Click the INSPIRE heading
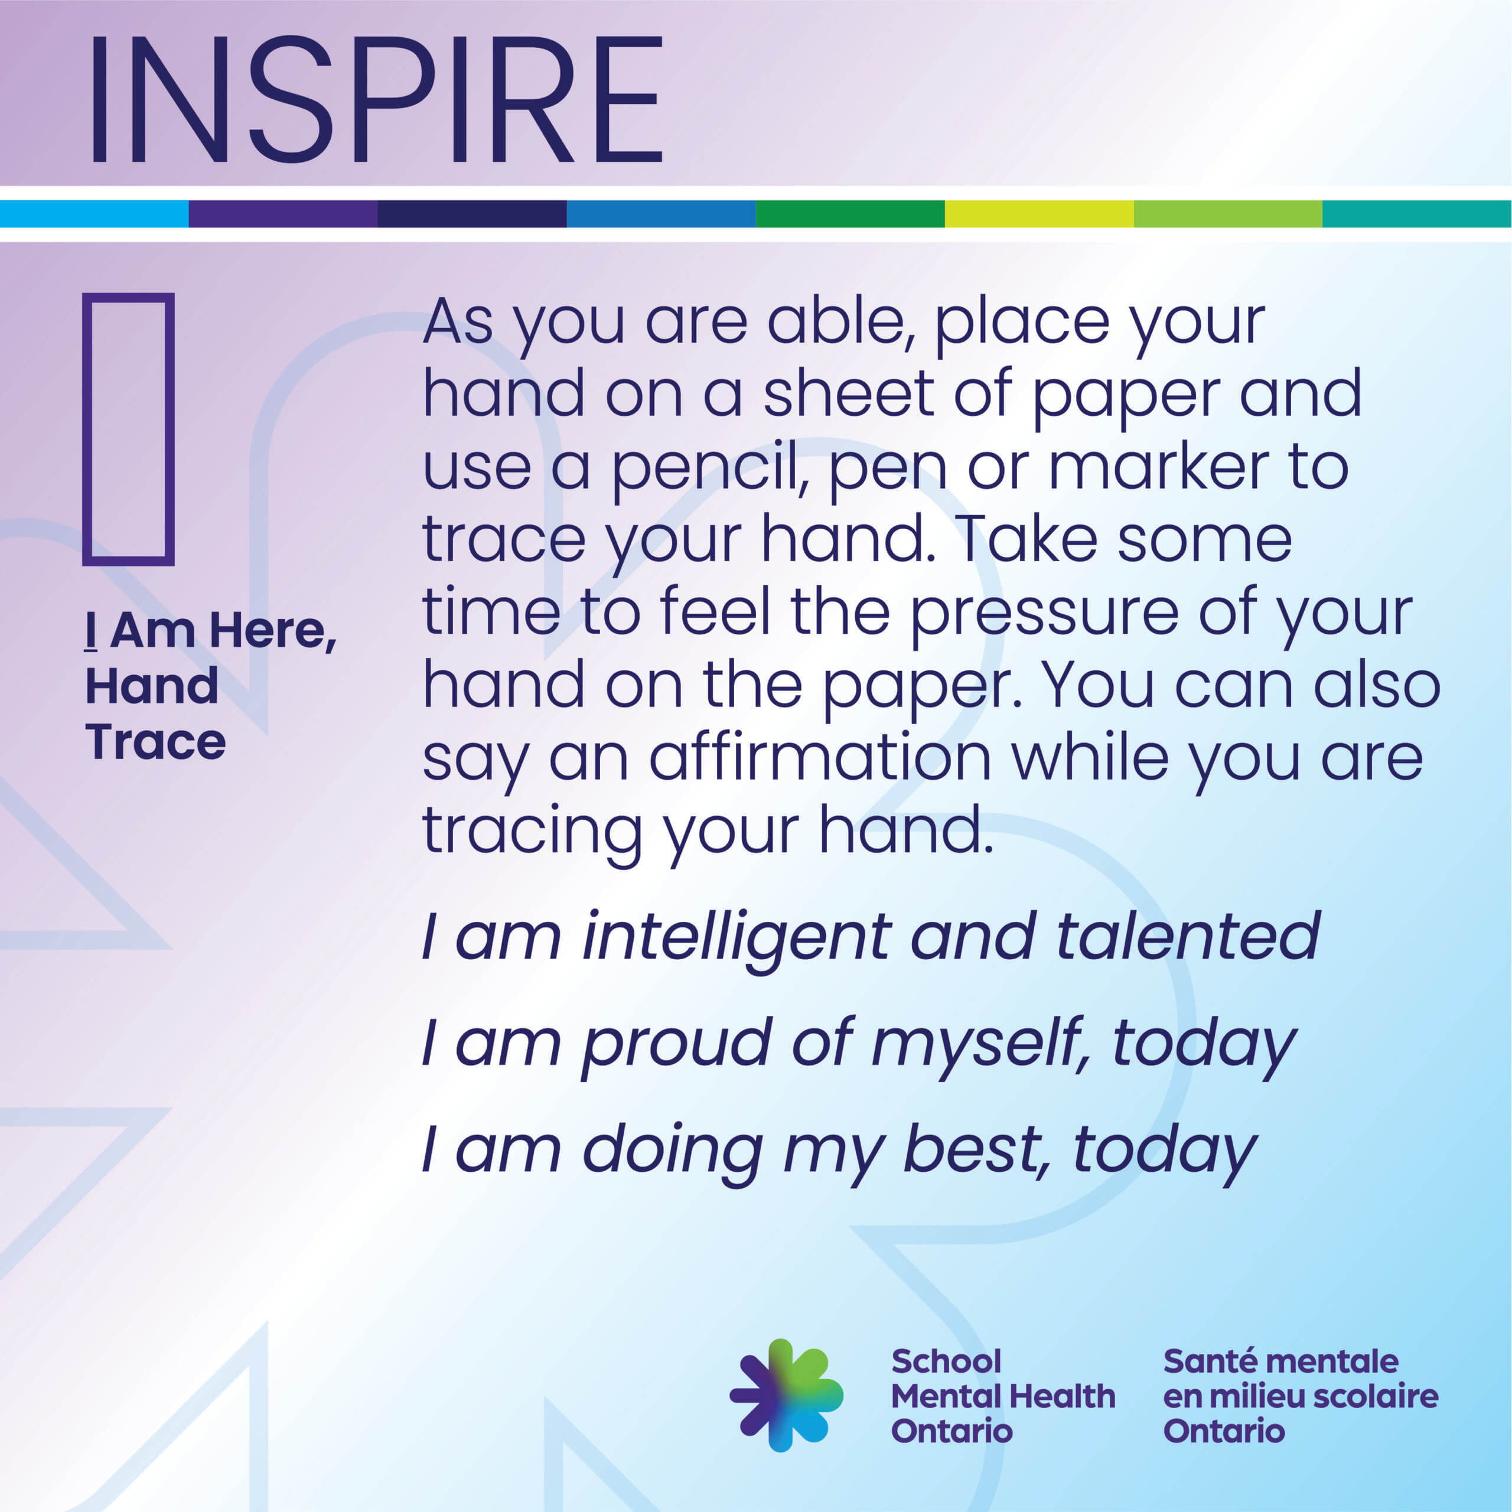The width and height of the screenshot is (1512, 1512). click(376, 99)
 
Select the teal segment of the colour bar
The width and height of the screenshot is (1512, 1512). click(1416, 214)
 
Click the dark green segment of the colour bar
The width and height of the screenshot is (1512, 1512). click(850, 214)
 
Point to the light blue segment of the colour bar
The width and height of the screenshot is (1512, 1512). click(94, 214)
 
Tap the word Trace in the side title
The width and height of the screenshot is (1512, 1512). click(156, 742)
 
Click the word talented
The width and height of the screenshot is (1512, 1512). click(1189, 936)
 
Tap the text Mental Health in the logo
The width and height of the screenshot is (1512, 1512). click(1002, 1396)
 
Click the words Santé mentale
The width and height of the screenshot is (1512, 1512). click(1280, 1362)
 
